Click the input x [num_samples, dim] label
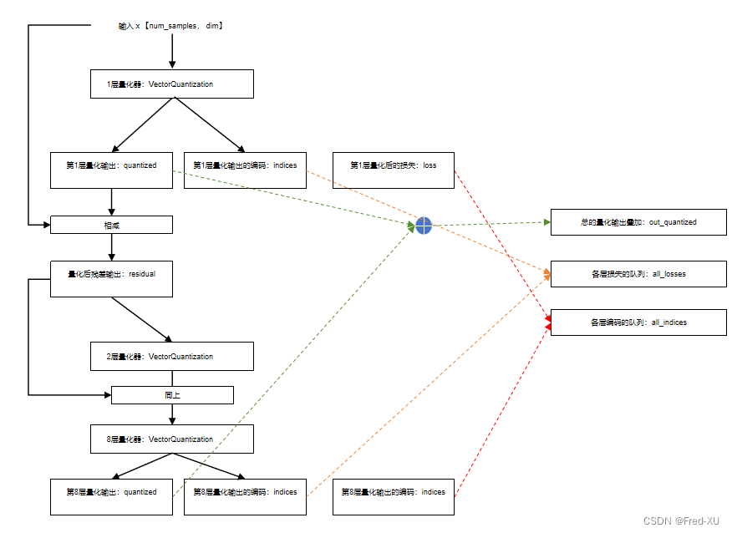pos(171,27)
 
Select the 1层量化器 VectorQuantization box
pos(171,84)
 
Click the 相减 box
pos(111,225)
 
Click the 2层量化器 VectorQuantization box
pos(171,357)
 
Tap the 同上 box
pos(171,394)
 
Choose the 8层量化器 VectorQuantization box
pos(171,439)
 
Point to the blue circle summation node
pos(424,226)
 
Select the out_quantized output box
pos(638,222)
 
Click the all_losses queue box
pos(638,274)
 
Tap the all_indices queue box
pos(638,322)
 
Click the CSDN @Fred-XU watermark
pos(681,520)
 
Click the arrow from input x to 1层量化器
pos(172,52)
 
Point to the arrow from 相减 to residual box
pos(111,247)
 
